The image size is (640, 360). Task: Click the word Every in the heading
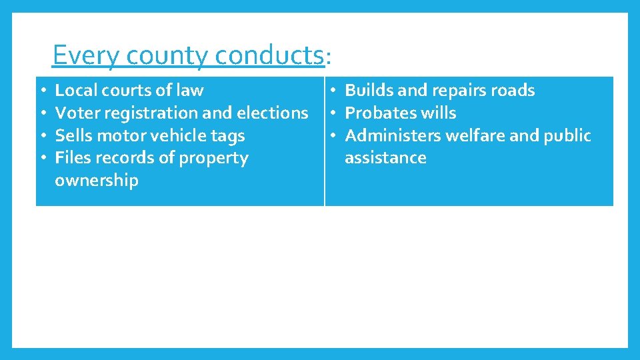[79, 55]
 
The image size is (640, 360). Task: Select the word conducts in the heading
[269, 55]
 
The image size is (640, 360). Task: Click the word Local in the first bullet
[75, 90]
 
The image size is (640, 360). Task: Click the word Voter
[76, 113]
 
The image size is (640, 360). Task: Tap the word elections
[273, 113]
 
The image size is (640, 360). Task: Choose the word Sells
[73, 135]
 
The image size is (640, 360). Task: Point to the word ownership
[97, 181]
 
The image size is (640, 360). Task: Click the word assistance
[385, 158]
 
